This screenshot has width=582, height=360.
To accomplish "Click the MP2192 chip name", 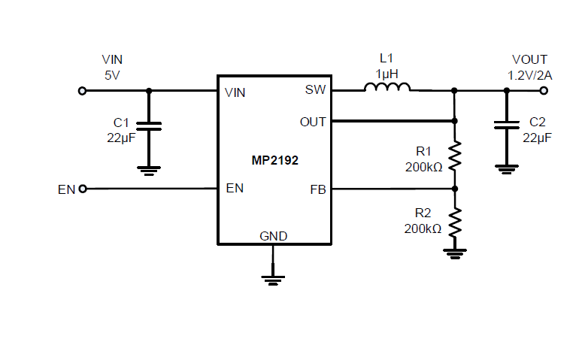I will coord(274,160).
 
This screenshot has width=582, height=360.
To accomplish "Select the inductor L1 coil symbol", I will coord(387,89).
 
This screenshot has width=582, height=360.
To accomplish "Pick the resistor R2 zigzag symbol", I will coord(454,222).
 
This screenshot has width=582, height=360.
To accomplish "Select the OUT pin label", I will coord(313,121).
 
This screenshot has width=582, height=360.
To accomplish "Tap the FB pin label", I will coord(317,189).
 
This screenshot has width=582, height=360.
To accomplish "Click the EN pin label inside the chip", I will coord(235,189).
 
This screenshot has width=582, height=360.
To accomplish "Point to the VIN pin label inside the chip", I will coord(235,93).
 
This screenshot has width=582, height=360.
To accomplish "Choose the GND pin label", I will coord(274,235).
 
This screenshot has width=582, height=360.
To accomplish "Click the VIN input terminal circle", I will coord(82,91).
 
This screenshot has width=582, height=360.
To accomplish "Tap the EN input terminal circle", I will coord(82,189).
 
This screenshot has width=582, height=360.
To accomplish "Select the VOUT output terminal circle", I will coord(544,91).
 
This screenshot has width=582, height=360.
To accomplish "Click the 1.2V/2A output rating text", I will coord(529,74).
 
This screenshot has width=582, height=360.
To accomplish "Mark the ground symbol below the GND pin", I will coord(274,280).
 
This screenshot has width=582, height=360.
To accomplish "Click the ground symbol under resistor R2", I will coord(454,253).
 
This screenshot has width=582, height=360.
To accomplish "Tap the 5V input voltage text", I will coord(112,74).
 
